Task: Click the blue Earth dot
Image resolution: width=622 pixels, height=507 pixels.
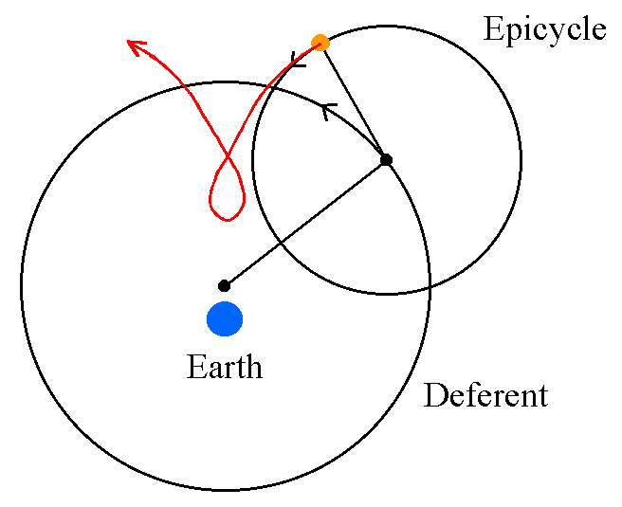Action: (x=225, y=318)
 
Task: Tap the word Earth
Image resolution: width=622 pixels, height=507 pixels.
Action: (x=225, y=366)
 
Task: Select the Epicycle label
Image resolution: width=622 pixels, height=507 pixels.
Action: (x=544, y=30)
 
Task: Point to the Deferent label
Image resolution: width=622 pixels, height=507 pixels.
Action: (x=485, y=395)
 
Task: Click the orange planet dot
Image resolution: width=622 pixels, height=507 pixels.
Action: (x=320, y=42)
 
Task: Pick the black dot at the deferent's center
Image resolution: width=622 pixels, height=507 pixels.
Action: (x=224, y=285)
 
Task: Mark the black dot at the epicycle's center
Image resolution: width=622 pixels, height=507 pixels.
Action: (x=386, y=159)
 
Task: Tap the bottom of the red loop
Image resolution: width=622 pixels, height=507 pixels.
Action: (x=227, y=220)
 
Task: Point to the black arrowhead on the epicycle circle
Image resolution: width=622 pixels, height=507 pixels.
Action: (x=298, y=63)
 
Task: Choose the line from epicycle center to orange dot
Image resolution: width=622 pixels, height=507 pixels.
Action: (x=354, y=100)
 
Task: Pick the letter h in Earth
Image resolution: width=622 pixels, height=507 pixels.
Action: (x=254, y=366)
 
